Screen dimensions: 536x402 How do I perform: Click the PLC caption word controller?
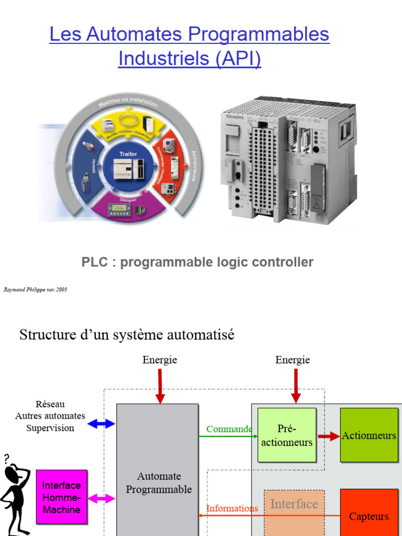coord(281,262)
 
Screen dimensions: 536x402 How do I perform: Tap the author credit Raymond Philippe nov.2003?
coord(35,289)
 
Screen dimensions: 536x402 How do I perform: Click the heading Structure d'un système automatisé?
coord(127,334)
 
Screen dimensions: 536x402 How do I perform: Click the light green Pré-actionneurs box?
coord(287,435)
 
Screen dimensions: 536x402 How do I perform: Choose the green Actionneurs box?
coord(369,435)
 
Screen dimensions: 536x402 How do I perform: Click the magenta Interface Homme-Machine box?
coord(61,497)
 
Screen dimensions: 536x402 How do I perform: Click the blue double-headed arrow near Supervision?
coord(102,423)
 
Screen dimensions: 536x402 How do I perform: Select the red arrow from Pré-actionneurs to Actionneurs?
coord(329,436)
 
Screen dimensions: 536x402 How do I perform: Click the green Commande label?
coord(229,429)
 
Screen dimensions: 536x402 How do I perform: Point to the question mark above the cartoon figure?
coord(7,459)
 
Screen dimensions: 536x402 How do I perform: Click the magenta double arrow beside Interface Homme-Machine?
coord(102,498)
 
